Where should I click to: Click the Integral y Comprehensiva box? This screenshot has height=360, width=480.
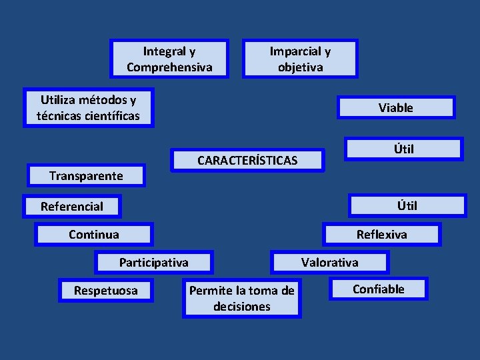click(169, 59)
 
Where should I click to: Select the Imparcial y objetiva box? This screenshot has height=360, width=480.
click(300, 59)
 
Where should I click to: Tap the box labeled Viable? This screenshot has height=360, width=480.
click(396, 108)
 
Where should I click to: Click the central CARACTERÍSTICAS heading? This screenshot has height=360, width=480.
click(247, 161)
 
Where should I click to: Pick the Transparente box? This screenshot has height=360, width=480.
click(87, 176)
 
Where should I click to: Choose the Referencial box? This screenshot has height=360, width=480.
click(72, 207)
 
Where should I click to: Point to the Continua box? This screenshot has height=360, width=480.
click(94, 235)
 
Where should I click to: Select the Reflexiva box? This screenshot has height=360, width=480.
click(381, 235)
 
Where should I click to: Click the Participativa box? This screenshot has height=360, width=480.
click(154, 263)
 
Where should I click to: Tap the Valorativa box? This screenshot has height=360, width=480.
click(329, 263)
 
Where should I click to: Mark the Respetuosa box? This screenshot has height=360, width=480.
click(106, 291)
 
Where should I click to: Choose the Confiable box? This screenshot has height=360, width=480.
click(379, 289)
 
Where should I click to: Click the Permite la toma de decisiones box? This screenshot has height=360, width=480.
click(242, 299)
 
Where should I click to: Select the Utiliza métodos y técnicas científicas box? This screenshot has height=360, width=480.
click(88, 108)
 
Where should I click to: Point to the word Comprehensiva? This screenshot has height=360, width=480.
click(169, 67)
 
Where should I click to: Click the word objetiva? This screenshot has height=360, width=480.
click(300, 67)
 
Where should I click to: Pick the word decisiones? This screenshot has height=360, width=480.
click(242, 307)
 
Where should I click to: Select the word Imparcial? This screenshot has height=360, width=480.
click(293, 51)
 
